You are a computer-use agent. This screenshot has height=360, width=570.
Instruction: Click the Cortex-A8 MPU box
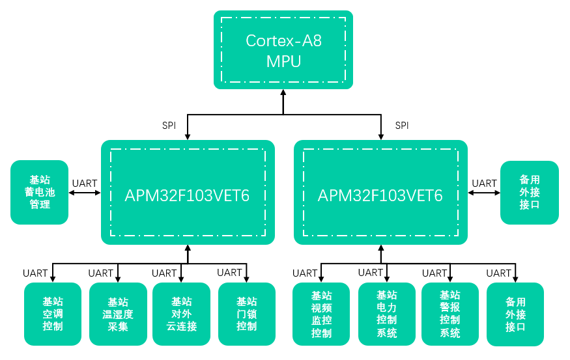pyautogui.click(x=283, y=50)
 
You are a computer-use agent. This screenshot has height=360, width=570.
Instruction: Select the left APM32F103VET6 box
pyautogui.click(x=188, y=193)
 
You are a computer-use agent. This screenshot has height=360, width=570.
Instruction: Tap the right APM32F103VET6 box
pyautogui.click(x=380, y=193)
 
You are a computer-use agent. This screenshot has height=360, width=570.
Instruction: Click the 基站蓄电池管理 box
pyautogui.click(x=40, y=193)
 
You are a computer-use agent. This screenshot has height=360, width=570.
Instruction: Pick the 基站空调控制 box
pyautogui.click(x=53, y=314)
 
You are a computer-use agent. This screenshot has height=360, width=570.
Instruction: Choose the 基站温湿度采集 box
pyautogui.click(x=118, y=314)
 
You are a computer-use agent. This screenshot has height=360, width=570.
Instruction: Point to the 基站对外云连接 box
pyautogui.click(x=182, y=314)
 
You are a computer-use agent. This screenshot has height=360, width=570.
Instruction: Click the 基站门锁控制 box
pyautogui.click(x=247, y=314)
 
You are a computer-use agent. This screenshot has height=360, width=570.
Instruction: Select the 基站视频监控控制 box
pyautogui.click(x=321, y=314)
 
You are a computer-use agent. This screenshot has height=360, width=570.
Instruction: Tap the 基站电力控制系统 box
pyautogui.click(x=387, y=314)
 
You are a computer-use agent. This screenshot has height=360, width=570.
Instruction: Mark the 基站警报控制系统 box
pyautogui.click(x=450, y=314)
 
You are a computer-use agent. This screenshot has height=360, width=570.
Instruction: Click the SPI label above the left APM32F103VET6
pyautogui.click(x=169, y=125)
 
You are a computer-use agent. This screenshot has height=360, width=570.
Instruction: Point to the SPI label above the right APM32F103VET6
pyautogui.click(x=402, y=125)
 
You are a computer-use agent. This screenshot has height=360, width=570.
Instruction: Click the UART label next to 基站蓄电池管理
pyautogui.click(x=85, y=184)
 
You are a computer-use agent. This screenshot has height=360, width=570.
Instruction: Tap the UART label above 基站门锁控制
pyautogui.click(x=229, y=273)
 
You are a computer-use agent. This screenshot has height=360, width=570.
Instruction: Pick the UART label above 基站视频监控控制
pyautogui.click(x=305, y=273)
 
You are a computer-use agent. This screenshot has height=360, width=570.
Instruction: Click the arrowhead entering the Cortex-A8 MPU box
pyautogui.click(x=283, y=94)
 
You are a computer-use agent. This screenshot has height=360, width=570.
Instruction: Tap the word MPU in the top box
pyautogui.click(x=283, y=62)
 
